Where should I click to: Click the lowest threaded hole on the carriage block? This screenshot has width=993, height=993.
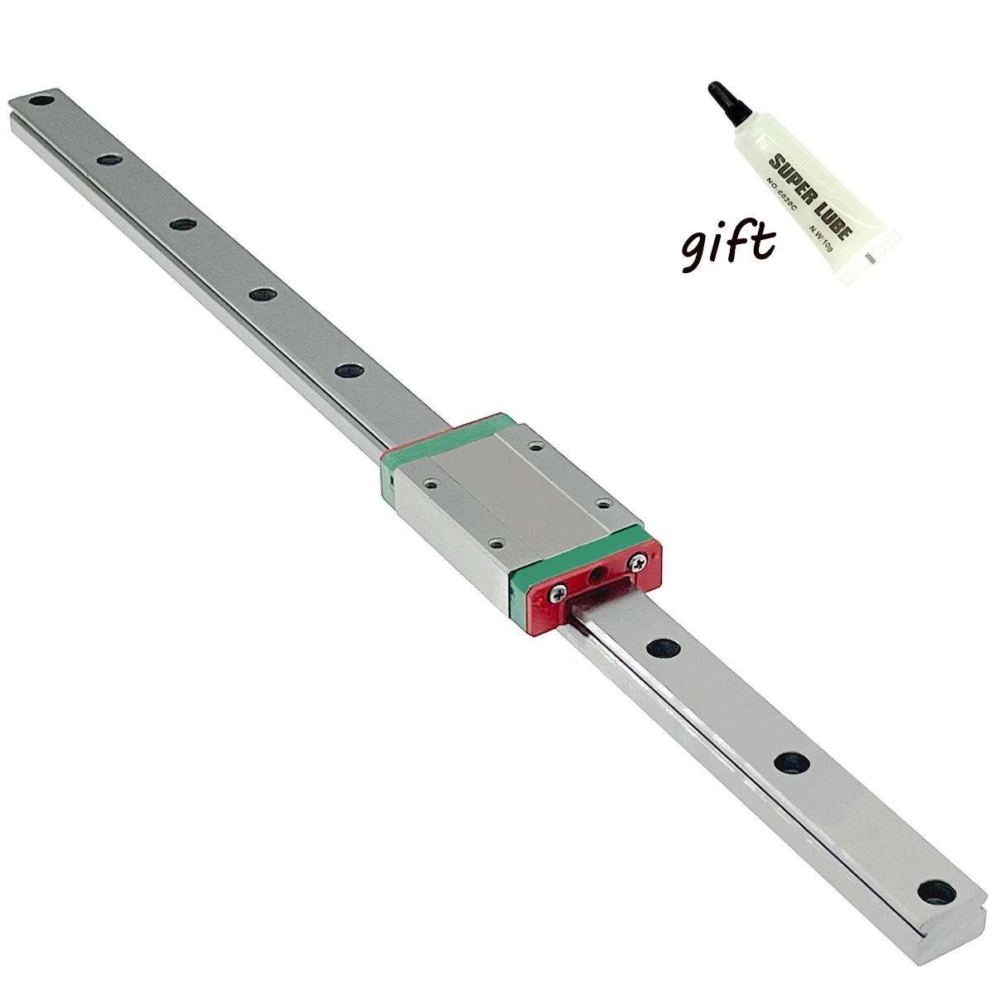pos(495,543)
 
